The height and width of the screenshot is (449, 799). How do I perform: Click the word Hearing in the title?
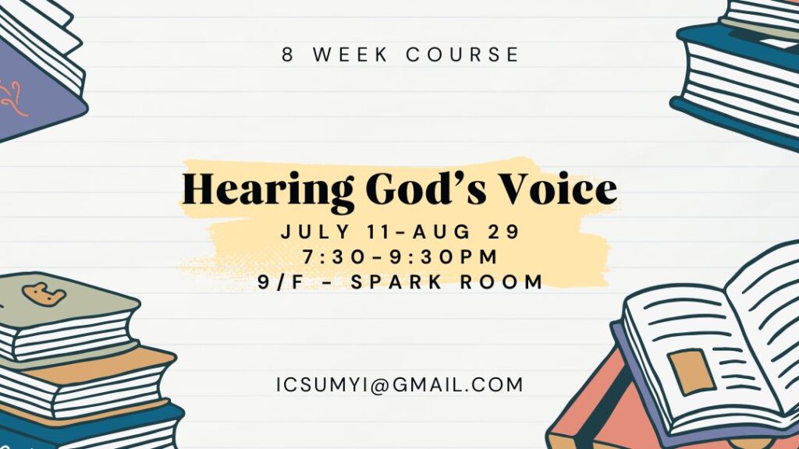[268, 190]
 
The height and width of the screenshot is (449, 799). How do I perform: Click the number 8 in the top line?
[288, 55]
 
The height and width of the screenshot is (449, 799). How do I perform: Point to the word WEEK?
[350, 55]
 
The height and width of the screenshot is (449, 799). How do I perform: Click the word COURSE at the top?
[463, 55]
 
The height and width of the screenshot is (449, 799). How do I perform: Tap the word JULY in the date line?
[315, 232]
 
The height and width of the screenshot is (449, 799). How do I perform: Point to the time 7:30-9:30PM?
[400, 256]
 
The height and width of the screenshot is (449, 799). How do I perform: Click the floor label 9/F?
[281, 281]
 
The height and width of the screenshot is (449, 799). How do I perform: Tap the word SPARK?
[396, 281]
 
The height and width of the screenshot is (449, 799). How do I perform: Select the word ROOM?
[502, 281]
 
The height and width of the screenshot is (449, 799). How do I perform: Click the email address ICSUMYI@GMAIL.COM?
[400, 385]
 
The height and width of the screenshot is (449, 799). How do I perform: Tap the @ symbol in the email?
[380, 385]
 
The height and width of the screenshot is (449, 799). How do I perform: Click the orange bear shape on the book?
[44, 294]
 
